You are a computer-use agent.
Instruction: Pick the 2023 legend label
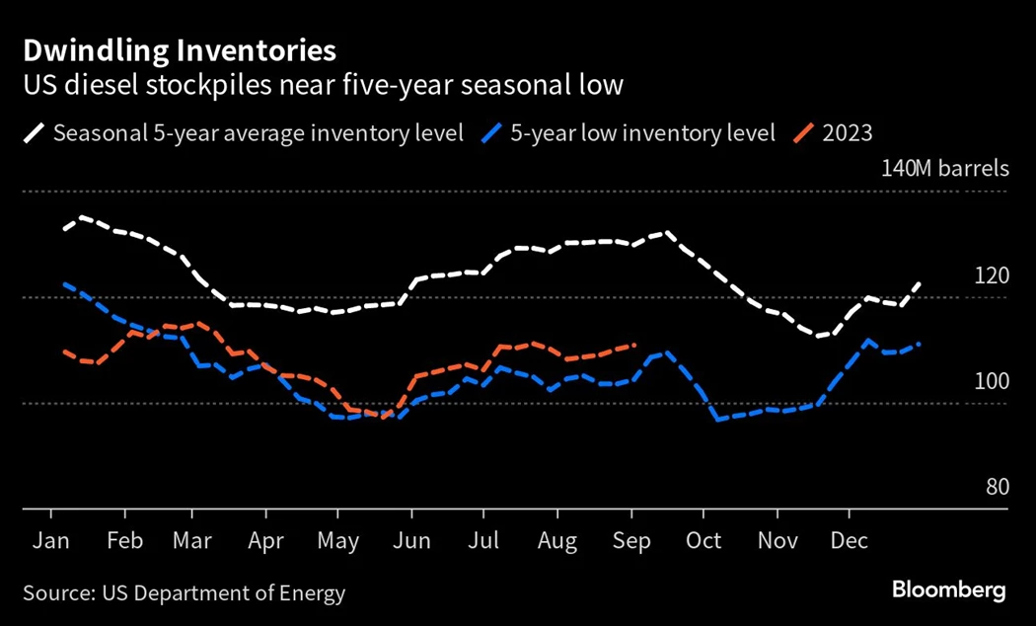pyautogui.click(x=848, y=133)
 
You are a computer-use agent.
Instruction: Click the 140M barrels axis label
pyautogui.click(x=945, y=168)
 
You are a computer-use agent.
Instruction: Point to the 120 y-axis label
pyautogui.click(x=991, y=275)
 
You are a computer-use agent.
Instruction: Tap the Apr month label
pyautogui.click(x=266, y=541)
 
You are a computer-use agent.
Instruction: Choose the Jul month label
pyautogui.click(x=483, y=541)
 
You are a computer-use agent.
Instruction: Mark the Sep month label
pyautogui.click(x=631, y=541)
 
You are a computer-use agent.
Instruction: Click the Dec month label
pyautogui.click(x=850, y=541)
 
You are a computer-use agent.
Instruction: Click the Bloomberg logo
pyautogui.click(x=948, y=590)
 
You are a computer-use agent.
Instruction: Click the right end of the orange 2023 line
pyautogui.click(x=635, y=345)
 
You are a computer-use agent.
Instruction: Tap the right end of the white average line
pyautogui.click(x=920, y=283)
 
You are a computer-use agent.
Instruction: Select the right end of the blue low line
pyautogui.click(x=920, y=344)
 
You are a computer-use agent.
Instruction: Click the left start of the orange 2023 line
pyautogui.click(x=64, y=352)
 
